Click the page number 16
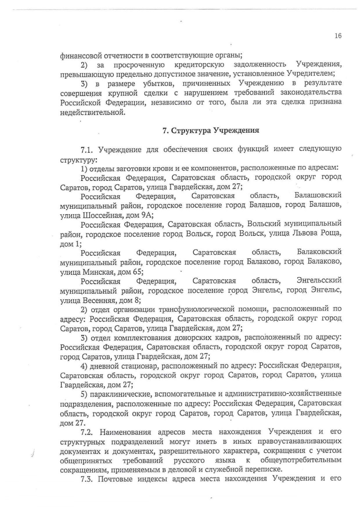coord(338,36)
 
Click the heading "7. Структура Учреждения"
coord(211,130)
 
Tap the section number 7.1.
coord(87,150)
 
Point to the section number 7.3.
coord(87,479)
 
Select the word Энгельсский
coord(319,280)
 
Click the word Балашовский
coord(318,195)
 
